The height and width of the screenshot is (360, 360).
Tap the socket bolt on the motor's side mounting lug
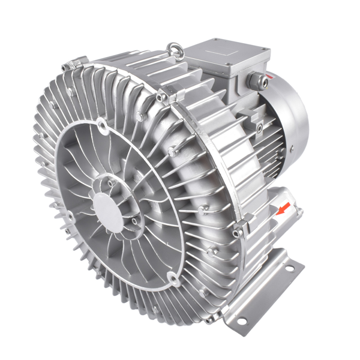tap(259, 127)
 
